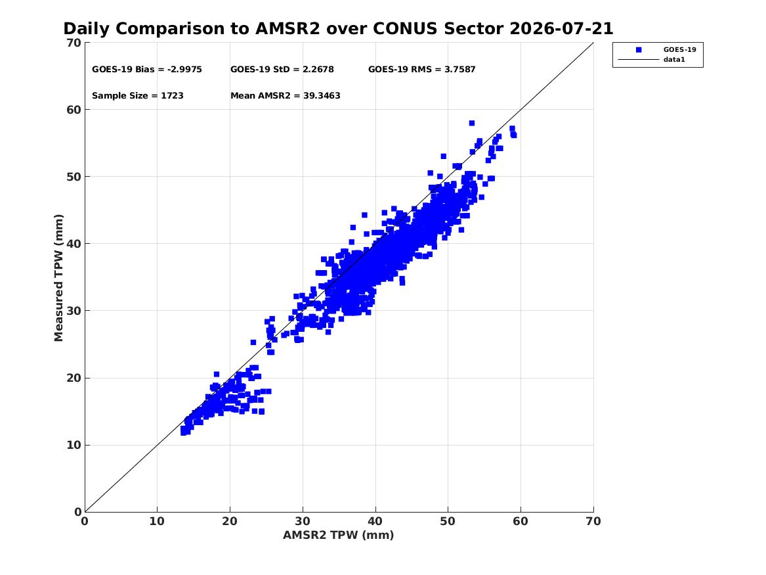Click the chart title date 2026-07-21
(x=561, y=29)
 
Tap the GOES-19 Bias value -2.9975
(x=184, y=70)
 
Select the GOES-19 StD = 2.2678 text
(x=282, y=70)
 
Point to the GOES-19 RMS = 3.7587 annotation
(x=422, y=70)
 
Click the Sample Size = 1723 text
(x=138, y=96)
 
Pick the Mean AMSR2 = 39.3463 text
(x=286, y=96)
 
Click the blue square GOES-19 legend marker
(x=639, y=50)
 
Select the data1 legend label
(x=674, y=60)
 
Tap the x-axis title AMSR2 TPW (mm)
(x=339, y=536)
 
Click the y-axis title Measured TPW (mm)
(x=58, y=278)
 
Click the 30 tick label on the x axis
(x=303, y=521)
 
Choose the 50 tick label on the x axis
(x=448, y=521)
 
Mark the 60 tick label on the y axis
(x=74, y=110)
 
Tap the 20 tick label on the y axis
(x=74, y=378)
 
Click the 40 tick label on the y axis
(x=74, y=244)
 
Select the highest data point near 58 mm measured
(x=472, y=124)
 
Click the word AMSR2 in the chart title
(x=287, y=29)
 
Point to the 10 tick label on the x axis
(x=158, y=521)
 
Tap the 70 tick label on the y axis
(x=74, y=43)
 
